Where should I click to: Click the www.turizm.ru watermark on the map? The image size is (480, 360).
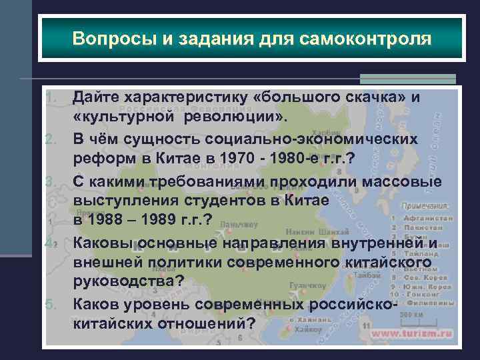(413, 333)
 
